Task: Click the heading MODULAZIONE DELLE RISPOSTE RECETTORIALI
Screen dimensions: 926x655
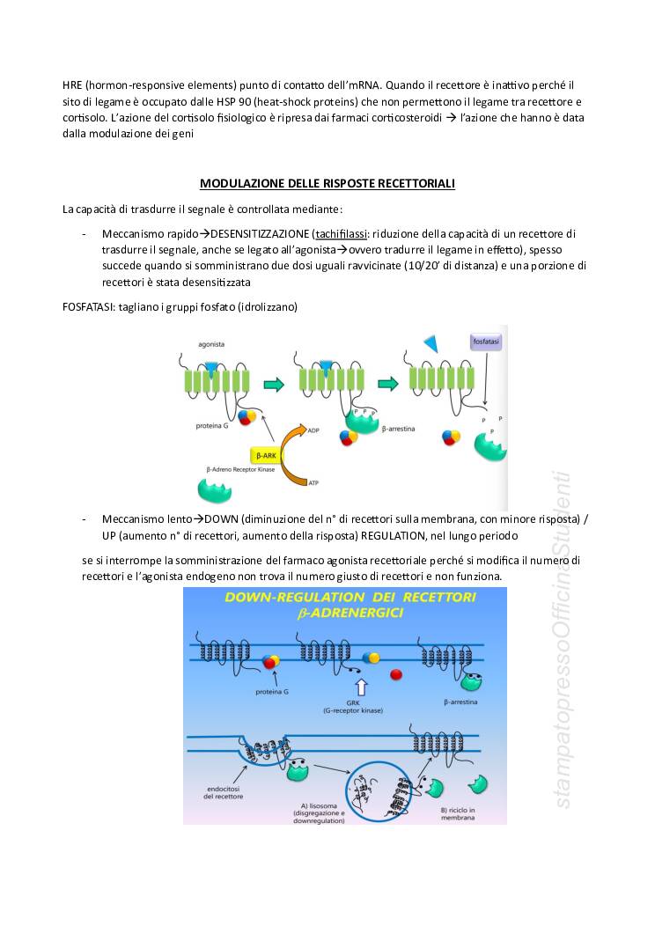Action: (x=327, y=184)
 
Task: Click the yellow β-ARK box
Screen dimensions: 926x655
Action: (x=265, y=455)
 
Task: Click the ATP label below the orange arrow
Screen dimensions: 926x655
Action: (x=313, y=482)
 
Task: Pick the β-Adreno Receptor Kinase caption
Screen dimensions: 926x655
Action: (x=239, y=470)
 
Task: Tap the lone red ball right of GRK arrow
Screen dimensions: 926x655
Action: (x=397, y=674)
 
